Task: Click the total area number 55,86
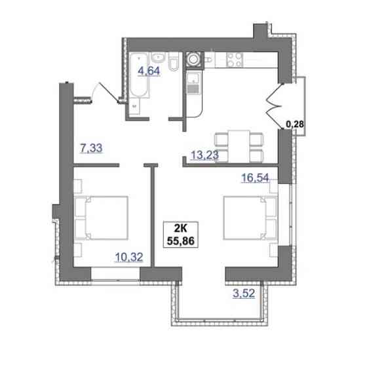point(183,240)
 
